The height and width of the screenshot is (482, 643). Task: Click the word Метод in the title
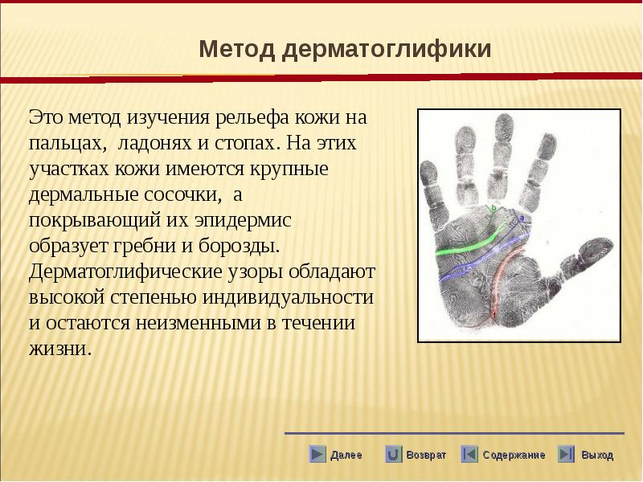coord(236,49)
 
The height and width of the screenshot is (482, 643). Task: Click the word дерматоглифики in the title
coord(387,50)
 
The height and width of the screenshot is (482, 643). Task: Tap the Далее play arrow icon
coord(317,454)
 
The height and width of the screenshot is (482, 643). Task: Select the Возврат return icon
coord(393,454)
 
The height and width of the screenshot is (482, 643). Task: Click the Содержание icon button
coord(469,454)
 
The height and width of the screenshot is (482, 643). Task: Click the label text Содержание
coord(514,455)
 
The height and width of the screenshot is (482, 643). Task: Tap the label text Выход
coord(597,455)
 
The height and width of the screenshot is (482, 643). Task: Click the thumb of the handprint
coord(587,255)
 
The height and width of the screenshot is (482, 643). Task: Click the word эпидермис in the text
coord(243,220)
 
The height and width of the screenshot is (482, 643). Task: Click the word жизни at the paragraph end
coord(59,349)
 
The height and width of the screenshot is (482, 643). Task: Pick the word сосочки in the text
coord(182,194)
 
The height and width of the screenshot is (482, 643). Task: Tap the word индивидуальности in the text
coord(289,297)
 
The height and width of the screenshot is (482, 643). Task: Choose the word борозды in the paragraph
coord(239,246)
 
